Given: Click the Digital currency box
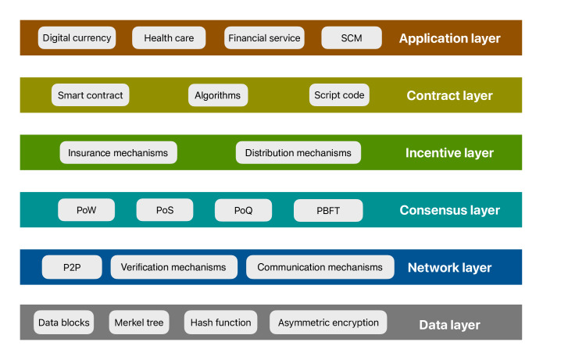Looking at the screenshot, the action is click(x=77, y=37).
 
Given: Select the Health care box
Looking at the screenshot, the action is click(x=169, y=37).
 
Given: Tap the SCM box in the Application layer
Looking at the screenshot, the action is click(x=352, y=37).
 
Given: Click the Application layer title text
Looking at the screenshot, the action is click(x=449, y=38).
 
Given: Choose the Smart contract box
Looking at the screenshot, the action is click(x=90, y=95).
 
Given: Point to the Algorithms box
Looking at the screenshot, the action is click(x=218, y=95).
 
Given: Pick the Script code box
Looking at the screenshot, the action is click(x=339, y=95).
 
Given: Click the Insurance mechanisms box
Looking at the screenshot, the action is click(x=119, y=152).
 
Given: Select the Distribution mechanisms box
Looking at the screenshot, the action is click(x=298, y=152).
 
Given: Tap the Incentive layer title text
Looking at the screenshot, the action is click(x=449, y=153).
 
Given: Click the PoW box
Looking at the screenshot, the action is click(x=86, y=210).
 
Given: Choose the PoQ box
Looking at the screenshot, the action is click(x=243, y=210).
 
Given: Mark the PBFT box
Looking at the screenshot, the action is click(x=328, y=210).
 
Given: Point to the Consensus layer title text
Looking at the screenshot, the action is click(x=449, y=210).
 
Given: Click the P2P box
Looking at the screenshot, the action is click(x=72, y=267).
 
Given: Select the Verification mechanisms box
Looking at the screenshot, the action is click(x=174, y=267).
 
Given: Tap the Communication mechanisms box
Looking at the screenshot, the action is click(x=320, y=267).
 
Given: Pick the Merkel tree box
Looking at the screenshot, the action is click(x=139, y=323).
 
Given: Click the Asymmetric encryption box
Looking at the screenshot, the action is click(x=328, y=323).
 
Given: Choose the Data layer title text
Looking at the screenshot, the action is click(x=449, y=325).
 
